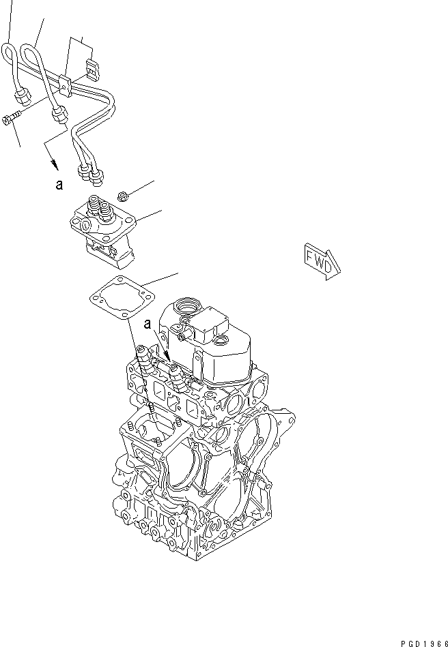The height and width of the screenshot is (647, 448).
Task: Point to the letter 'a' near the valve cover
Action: [147, 326]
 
